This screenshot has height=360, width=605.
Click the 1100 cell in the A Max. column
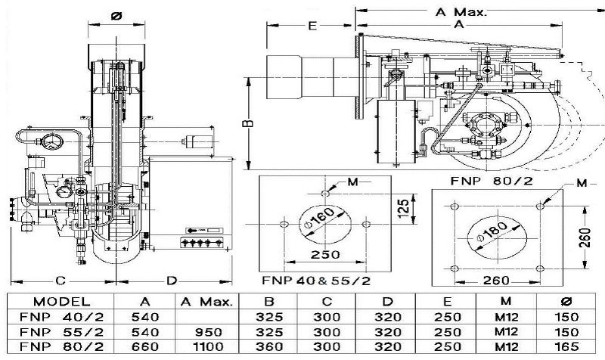click(208, 346)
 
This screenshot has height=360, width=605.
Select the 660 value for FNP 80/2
click(145, 346)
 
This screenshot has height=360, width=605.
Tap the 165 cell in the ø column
click(566, 346)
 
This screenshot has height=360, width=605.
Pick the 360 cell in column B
click(269, 346)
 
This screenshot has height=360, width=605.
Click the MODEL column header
click(62, 301)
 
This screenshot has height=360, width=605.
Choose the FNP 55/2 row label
click(62, 332)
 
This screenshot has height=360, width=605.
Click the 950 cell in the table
click(208, 332)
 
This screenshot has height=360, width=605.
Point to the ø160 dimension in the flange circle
click(318, 218)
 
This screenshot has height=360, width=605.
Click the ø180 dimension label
click(492, 232)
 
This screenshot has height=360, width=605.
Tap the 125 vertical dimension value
click(403, 209)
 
